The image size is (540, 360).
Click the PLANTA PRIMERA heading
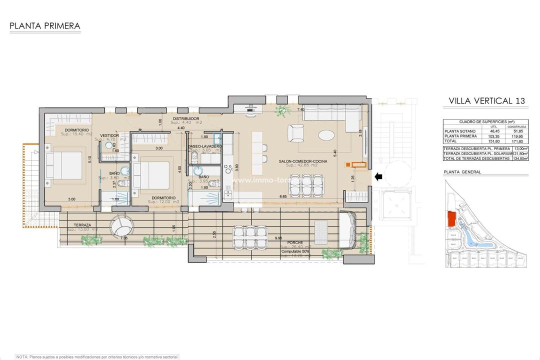coord(44,25)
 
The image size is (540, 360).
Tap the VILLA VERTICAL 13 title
coord(487,100)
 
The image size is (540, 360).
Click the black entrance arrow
coord(378,175)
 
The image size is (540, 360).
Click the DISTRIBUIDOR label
coord(186,118)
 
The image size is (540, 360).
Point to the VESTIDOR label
coord(109,135)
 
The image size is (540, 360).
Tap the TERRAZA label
coord(81,225)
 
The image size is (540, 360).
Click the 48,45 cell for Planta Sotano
coord(494,131)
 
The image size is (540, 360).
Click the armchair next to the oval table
coord(295,133)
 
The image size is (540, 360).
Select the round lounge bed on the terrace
coord(119,229)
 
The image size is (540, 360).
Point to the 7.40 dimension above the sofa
coord(300,109)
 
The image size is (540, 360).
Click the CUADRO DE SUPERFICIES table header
coord(484,121)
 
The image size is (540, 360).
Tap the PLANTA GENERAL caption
coord(462,171)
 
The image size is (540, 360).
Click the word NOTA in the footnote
coord(21,356)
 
